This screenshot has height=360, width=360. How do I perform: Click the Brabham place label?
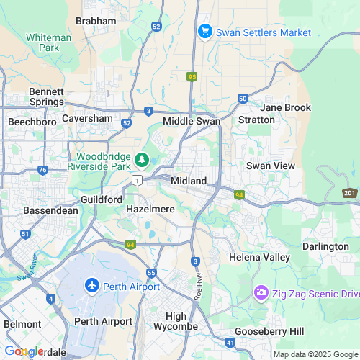pyautogui.click(x=96, y=21)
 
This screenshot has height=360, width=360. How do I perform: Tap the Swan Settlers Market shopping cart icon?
pyautogui.click(x=204, y=32)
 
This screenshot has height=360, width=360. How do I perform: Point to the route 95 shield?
pyautogui.click(x=192, y=76)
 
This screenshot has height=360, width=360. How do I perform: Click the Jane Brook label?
pyautogui.click(x=286, y=107)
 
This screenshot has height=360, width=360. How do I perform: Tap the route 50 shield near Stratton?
pyautogui.click(x=243, y=98)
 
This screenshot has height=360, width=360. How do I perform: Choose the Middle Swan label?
pyautogui.click(x=191, y=121)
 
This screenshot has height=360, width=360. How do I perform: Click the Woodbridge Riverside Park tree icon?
pyautogui.click(x=143, y=158)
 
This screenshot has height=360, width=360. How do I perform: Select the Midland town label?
pyautogui.click(x=189, y=180)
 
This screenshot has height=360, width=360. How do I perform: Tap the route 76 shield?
pyautogui.click(x=42, y=171)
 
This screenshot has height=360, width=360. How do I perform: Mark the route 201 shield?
pyautogui.click(x=350, y=193)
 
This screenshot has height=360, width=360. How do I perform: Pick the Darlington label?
pyautogui.click(x=325, y=246)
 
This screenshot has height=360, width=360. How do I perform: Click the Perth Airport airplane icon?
pyautogui.click(x=91, y=286)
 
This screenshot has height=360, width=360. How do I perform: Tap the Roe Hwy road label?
pyautogui.click(x=199, y=283)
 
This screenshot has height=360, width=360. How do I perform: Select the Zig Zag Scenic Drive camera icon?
pyautogui.click(x=260, y=294)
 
